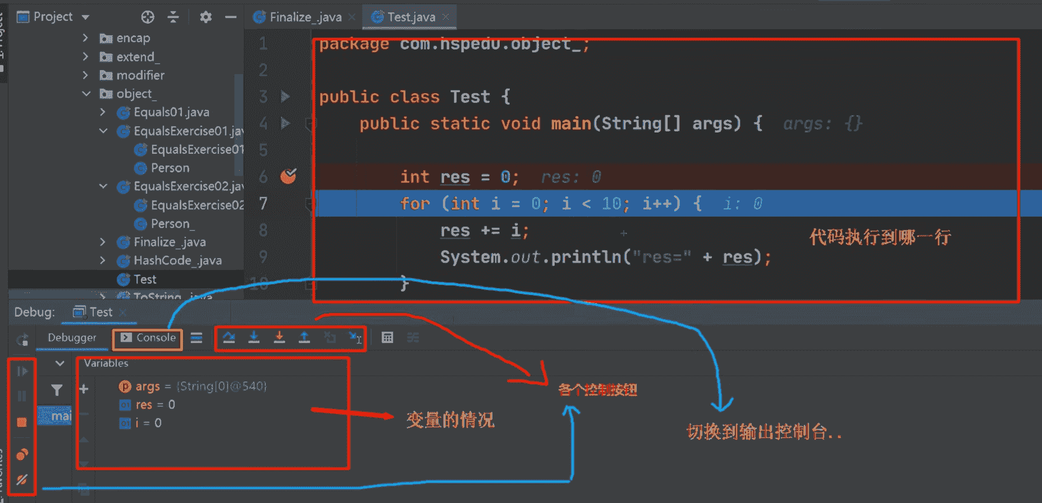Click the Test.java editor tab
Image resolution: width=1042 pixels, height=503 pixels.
pos(410,17)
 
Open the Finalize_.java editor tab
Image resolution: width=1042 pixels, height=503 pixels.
pos(305,17)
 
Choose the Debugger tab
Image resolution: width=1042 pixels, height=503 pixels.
pos(72,338)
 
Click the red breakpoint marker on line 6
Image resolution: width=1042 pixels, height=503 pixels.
pos(288,177)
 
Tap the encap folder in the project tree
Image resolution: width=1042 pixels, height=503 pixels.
pos(133,38)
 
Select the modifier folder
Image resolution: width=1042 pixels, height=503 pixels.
pos(140,75)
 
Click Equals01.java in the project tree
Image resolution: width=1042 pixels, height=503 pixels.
pos(171,112)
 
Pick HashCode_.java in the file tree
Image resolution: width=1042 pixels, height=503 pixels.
pos(177,260)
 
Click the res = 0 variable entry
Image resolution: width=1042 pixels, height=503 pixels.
pos(155,405)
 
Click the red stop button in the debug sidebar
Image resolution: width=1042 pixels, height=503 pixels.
pos(22,422)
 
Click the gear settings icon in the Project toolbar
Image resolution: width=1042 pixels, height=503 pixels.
pos(205,17)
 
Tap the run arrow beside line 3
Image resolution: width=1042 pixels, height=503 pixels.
pos(285,97)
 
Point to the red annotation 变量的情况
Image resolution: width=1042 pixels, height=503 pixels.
pos(450,420)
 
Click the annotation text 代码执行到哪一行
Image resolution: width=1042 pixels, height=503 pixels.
pos(880,237)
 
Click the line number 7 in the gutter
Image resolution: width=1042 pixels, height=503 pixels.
pos(263,203)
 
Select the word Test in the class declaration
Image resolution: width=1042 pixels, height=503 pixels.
pos(470,97)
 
